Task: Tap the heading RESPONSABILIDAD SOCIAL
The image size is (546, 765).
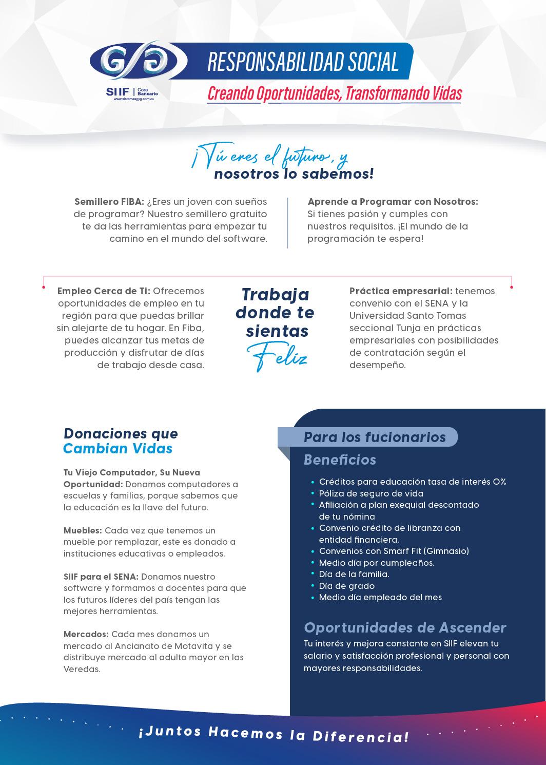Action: coord(303,62)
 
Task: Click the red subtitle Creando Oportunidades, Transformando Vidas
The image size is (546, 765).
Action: coord(335,93)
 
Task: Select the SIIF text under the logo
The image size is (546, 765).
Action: coord(118,91)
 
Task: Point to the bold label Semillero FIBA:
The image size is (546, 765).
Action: coord(109,202)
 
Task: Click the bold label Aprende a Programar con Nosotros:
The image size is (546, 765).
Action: coord(393,202)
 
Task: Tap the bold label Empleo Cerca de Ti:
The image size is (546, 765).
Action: coord(104,291)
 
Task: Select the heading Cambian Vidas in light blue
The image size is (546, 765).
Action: coord(118,449)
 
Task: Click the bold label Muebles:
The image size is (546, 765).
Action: coord(83,530)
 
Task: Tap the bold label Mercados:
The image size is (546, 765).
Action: coord(86,634)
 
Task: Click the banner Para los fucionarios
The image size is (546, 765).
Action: coord(375,437)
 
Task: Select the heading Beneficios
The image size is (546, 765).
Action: coord(340,460)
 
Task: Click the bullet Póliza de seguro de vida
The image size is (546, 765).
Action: coord(371,493)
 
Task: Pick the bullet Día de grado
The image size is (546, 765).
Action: coord(346,586)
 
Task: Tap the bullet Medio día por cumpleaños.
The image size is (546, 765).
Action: coord(376,563)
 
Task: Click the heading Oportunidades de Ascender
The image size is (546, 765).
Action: coord(405,627)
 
